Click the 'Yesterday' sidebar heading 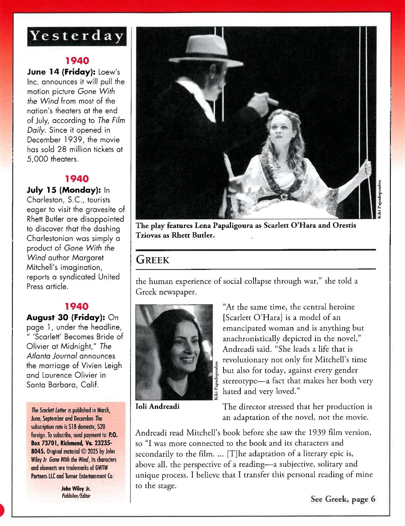click(x=76, y=36)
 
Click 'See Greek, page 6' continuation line click(x=342, y=499)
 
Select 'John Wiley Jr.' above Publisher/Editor click(x=76, y=489)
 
